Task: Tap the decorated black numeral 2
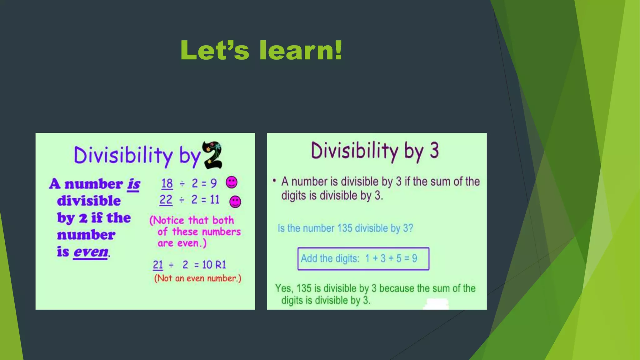212,155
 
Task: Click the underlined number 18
167,183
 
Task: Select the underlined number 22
166,200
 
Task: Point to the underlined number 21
158,265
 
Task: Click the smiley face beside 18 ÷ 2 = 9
232,182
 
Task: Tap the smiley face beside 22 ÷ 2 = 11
235,202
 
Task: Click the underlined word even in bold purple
91,252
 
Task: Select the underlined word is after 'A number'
133,184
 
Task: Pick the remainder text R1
220,265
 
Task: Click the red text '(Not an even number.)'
197,278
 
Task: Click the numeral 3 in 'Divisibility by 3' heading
434,150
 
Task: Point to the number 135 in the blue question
345,228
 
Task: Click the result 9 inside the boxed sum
414,258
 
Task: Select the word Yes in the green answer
283,288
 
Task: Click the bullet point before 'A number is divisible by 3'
274,181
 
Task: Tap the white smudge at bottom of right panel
437,303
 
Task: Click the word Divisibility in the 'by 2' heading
123,155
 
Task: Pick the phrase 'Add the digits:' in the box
330,258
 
